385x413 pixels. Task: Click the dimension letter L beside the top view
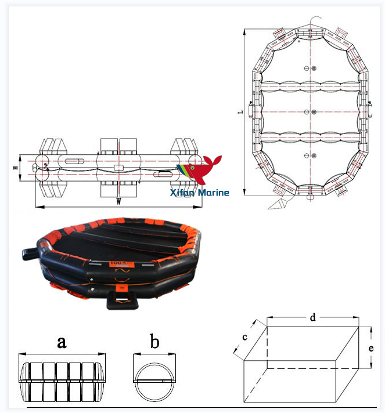click(240, 111)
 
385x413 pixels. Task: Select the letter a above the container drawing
click(61, 342)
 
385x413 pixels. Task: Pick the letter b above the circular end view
click(154, 342)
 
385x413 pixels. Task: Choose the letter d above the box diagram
click(312, 317)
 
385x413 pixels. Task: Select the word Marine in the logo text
click(214, 193)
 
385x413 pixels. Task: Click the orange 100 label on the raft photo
click(117, 263)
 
